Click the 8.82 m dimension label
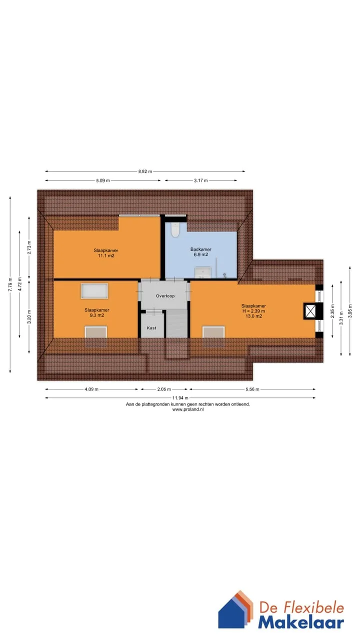145,171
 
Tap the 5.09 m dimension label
103,180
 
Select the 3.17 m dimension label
201,180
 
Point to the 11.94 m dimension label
180,397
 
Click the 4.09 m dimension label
91,389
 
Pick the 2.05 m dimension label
164,389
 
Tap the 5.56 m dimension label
252,389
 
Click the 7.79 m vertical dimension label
10,284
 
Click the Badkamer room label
201,249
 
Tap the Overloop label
165,296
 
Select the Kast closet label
151,328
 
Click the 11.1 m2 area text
106,255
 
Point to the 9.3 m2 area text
97,315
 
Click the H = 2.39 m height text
253,311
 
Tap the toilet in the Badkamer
175,229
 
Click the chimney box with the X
310,311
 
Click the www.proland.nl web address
187,409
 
